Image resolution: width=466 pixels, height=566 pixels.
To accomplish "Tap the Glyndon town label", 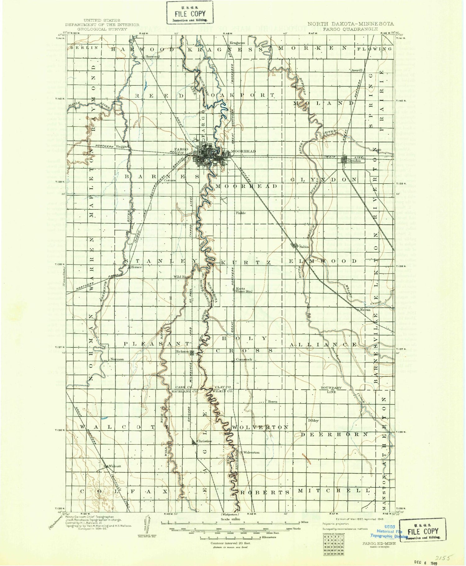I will click(x=354, y=161).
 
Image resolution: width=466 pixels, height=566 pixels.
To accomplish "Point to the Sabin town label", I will click(x=304, y=246).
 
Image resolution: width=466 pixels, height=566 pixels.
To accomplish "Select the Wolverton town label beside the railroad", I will click(x=252, y=452).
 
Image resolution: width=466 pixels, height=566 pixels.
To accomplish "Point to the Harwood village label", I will click(x=153, y=57).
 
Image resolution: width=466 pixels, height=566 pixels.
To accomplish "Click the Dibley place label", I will click(x=313, y=420).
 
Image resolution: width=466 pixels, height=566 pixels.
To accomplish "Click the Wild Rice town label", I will click(x=181, y=276).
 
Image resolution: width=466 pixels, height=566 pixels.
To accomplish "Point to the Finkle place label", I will click(x=241, y=213).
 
